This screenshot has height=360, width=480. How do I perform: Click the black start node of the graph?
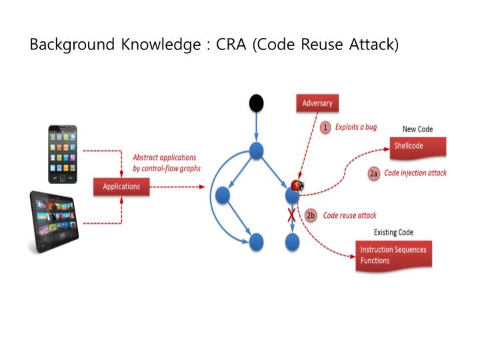click(256, 103)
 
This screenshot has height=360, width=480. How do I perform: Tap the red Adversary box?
click(317, 103)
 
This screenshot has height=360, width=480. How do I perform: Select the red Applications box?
click(121, 186)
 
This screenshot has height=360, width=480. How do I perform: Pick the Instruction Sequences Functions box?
click(393, 255)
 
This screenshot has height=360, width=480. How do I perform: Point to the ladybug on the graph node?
click(298, 185)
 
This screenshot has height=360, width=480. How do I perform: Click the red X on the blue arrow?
click(291, 215)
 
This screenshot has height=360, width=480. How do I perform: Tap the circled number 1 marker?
click(325, 127)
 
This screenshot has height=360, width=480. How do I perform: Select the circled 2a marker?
click(374, 173)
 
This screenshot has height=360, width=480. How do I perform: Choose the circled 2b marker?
click(311, 215)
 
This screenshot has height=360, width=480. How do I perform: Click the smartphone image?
click(62, 153)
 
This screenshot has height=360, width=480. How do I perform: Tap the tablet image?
click(54, 222)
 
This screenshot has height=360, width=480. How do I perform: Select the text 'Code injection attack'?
click(415, 173)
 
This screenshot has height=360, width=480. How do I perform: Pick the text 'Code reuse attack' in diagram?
click(349, 215)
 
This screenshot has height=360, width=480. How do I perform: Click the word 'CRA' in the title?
click(234, 45)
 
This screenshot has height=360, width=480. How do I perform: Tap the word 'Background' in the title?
click(71, 45)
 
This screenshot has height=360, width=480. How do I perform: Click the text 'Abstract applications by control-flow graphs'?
click(167, 163)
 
